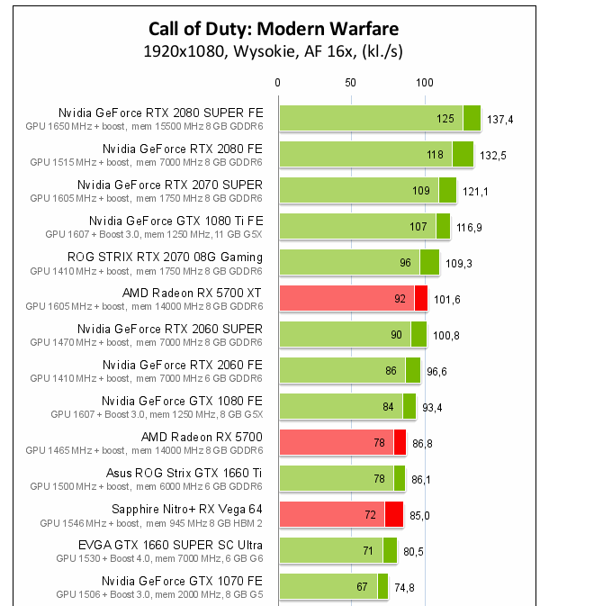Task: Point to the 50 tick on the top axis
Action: click(350, 82)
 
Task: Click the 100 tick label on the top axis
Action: click(424, 82)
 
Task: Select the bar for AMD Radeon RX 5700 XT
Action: click(353, 298)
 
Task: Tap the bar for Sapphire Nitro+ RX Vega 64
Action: click(341, 514)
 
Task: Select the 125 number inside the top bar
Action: click(445, 119)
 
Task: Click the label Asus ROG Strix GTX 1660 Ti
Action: click(184, 473)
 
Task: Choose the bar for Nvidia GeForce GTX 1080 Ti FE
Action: click(364, 226)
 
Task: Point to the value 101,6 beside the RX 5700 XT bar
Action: click(446, 299)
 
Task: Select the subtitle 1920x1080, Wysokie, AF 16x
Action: click(273, 51)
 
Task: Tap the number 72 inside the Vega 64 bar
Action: click(371, 515)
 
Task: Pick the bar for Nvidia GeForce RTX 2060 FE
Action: click(349, 370)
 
